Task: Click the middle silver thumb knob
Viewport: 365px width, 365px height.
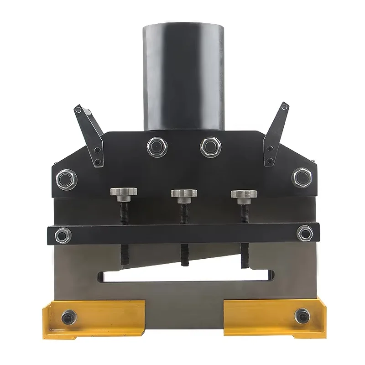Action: tap(184, 193)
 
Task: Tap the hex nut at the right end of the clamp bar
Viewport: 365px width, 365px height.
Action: tap(304, 233)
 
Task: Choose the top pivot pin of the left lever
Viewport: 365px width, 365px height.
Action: tap(78, 110)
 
